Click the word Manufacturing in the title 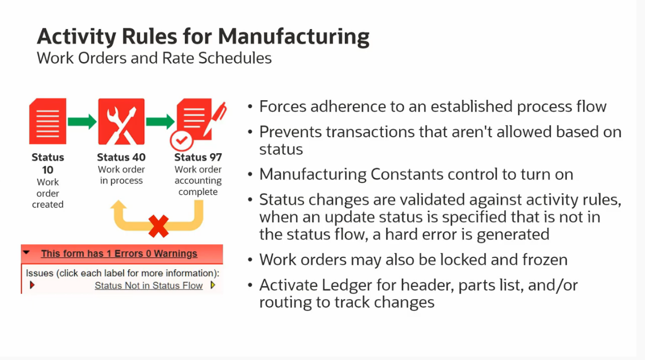294,37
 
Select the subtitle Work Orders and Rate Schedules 154,58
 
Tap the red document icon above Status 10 48,121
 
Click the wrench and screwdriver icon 121,121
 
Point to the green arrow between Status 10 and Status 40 83,121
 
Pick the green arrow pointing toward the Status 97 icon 161,121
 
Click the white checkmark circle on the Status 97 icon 182,141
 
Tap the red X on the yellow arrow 158,226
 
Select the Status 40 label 121,157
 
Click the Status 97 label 198,157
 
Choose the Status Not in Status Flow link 149,285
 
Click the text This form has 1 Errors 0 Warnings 119,253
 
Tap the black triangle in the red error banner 26,252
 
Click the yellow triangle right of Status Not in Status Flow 213,285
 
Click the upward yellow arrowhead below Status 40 118,206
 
